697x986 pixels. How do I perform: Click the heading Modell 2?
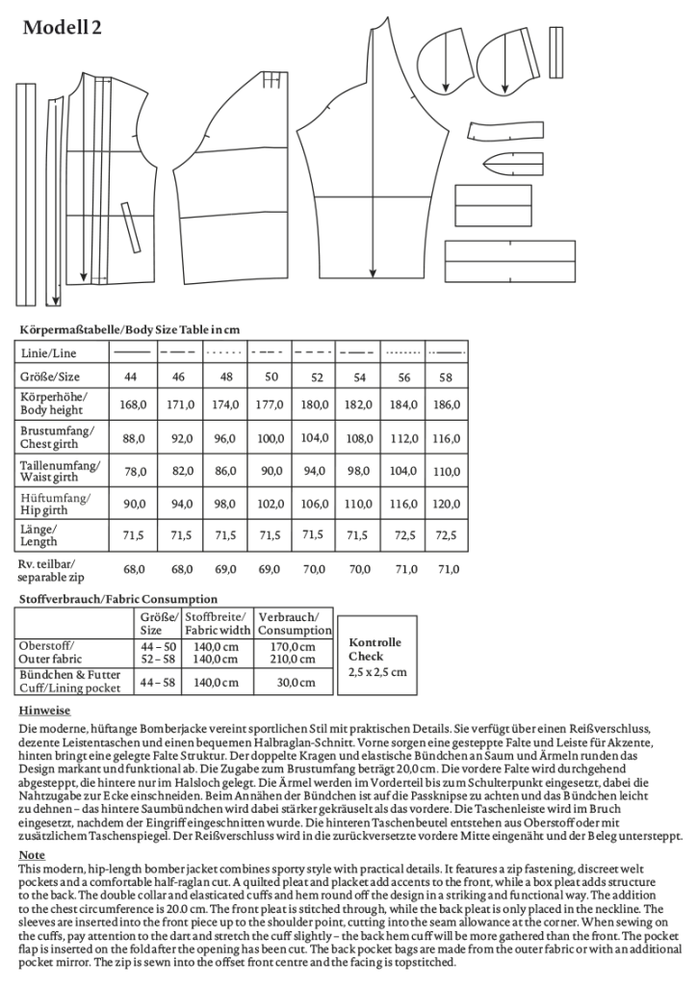click(62, 28)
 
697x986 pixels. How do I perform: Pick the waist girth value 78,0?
click(131, 471)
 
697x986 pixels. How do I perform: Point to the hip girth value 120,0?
click(445, 504)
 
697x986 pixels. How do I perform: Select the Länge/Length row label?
click(39, 535)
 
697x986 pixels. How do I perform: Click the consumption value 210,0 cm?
click(294, 660)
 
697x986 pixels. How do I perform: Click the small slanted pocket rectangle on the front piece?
click(126, 221)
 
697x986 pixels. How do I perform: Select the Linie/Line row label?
click(48, 353)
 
